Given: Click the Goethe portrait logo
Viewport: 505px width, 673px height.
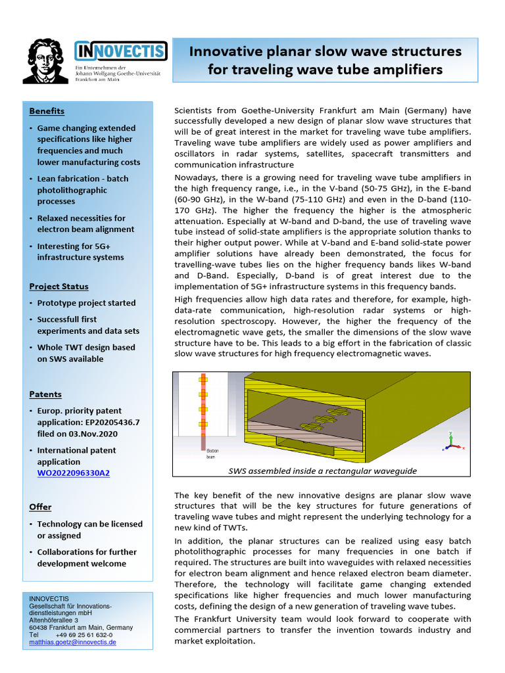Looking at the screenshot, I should [x=45, y=60].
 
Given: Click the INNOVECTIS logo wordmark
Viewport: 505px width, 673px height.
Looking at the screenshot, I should [x=120, y=51].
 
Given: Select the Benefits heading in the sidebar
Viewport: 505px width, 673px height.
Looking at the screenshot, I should [x=47, y=111].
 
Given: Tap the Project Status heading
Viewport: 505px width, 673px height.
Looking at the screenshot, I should [x=59, y=287].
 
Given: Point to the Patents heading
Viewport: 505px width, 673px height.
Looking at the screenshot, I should [x=45, y=394].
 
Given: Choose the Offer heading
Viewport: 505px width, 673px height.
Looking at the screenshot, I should [x=40, y=507].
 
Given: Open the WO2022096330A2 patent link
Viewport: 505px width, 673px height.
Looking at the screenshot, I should [x=73, y=473].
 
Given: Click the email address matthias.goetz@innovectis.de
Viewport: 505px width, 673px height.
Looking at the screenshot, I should [x=72, y=642].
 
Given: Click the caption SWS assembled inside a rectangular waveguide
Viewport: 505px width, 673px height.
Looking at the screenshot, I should [x=322, y=471].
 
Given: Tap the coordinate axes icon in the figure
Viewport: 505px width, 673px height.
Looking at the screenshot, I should [x=450, y=440].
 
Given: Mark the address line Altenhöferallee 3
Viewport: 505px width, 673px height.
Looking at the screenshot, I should [x=54, y=620].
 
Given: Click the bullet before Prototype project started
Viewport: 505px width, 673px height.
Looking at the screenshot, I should [x=31, y=303].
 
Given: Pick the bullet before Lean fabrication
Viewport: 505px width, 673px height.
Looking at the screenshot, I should [x=31, y=179].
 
